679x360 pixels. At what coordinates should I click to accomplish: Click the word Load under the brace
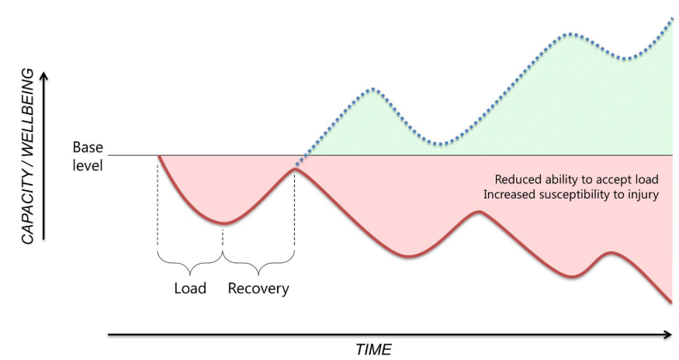189,289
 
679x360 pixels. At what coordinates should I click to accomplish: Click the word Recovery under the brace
258,289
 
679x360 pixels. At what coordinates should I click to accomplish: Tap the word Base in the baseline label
87,147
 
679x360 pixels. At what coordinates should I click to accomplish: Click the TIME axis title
373,349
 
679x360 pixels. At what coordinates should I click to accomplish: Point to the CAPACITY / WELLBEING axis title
28,156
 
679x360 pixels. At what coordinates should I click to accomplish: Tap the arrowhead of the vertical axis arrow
46,76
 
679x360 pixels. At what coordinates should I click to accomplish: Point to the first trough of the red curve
223,223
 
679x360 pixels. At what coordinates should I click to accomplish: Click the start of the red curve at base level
158,156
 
